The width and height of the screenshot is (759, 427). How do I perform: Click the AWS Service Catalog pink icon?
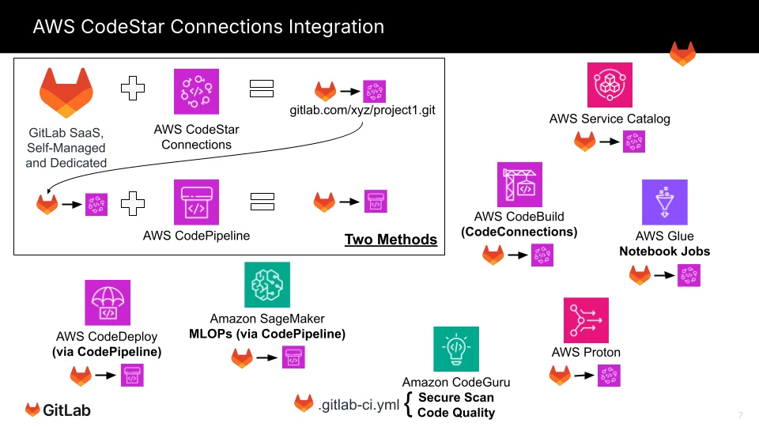610,85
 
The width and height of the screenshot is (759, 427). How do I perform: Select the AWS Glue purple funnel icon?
664,202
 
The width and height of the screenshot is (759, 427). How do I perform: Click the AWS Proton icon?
586,320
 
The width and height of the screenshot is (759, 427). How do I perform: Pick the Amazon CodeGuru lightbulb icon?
455,349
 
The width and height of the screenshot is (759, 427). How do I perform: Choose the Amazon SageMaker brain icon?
267,285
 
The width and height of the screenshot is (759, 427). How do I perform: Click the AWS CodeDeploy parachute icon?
108,303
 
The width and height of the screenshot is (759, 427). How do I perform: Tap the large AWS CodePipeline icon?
196,202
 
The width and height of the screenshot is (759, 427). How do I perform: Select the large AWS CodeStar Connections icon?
196,92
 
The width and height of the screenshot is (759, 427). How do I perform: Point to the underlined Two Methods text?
391,240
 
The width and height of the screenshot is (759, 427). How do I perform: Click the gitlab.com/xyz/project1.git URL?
363,110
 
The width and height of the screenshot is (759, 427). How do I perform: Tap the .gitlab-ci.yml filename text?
358,405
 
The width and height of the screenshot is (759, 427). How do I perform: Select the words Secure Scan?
455,398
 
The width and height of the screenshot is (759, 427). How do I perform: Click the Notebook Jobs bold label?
664,251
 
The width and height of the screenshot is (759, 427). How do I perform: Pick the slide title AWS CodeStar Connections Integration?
208,27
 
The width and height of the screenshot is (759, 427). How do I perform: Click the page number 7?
740,415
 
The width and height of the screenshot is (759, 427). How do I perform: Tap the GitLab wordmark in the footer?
66,410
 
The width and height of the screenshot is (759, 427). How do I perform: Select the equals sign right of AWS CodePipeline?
262,202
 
